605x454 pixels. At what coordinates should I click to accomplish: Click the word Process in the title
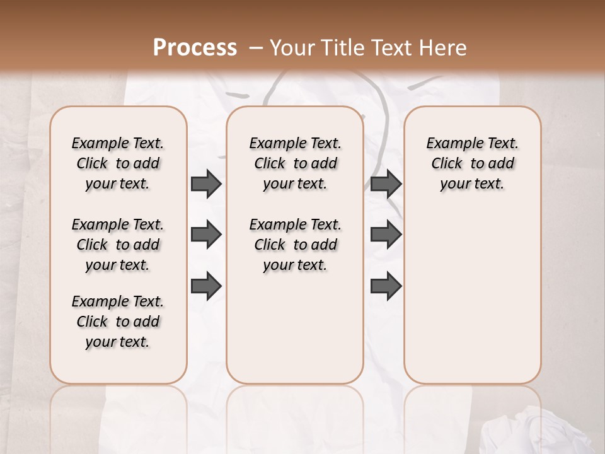pos(195,47)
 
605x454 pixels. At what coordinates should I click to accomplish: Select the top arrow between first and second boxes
pos(206,183)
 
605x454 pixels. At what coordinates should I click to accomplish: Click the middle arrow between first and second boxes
pos(206,235)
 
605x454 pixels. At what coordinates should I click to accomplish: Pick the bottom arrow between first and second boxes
pos(206,286)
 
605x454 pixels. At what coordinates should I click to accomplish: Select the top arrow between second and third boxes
pos(386,183)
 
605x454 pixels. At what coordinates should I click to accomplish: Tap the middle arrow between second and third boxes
pos(386,235)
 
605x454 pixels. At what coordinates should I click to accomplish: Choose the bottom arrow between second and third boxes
pos(386,286)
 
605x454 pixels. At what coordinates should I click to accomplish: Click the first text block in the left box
pos(118,163)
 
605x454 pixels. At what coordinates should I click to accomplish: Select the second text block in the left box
pos(118,245)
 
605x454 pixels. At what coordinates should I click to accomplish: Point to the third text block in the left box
pos(118,322)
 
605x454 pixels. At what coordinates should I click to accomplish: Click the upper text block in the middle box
pos(295,163)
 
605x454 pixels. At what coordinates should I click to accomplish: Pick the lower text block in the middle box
pos(295,245)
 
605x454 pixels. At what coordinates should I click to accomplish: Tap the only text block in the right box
pos(472,163)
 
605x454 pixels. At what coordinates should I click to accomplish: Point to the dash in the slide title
pos(256,48)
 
